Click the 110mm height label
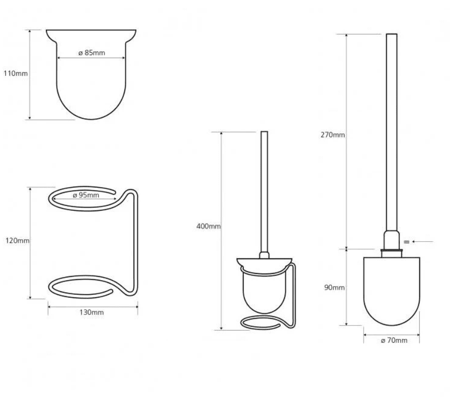(x=16, y=73)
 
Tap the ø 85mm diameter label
(x=91, y=53)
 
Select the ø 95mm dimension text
(x=86, y=195)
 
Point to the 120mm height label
(x=17, y=241)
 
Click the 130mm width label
(x=91, y=312)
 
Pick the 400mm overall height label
(x=209, y=226)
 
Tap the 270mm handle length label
(x=333, y=134)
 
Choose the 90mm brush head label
(x=334, y=288)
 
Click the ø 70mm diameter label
(x=394, y=340)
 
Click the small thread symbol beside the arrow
(x=407, y=242)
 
